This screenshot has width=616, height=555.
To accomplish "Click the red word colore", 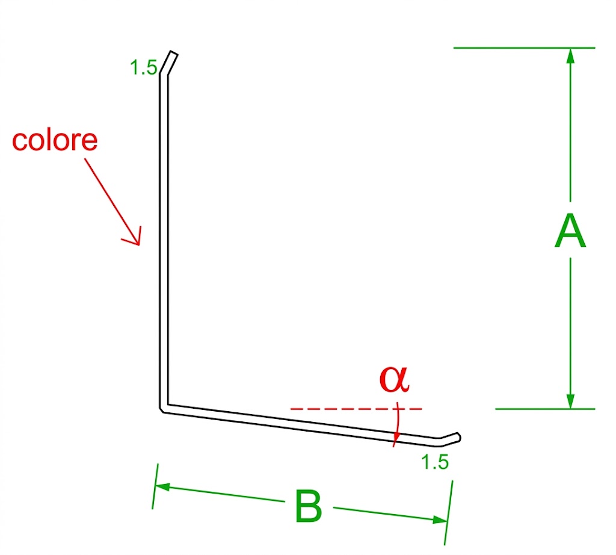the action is (x=55, y=140).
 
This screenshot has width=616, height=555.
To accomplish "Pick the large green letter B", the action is (x=309, y=506).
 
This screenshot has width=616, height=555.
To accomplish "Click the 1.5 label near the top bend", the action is (x=144, y=67).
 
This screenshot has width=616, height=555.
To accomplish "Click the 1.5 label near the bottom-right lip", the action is (x=435, y=462).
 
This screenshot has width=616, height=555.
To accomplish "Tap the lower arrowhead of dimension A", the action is (x=571, y=401).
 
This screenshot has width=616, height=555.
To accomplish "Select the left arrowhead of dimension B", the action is (x=162, y=487).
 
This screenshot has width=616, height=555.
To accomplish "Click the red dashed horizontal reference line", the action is (x=356, y=409).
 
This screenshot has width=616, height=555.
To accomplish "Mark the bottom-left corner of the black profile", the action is (x=161, y=410).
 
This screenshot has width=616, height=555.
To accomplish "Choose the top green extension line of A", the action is (x=525, y=48).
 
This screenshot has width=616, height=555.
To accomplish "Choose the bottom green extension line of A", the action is (x=545, y=409).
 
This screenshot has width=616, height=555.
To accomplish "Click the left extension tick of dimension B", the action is (x=155, y=486).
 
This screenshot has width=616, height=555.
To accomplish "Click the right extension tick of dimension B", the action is (x=449, y=512).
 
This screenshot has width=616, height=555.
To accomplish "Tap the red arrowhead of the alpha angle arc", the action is (x=396, y=436).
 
